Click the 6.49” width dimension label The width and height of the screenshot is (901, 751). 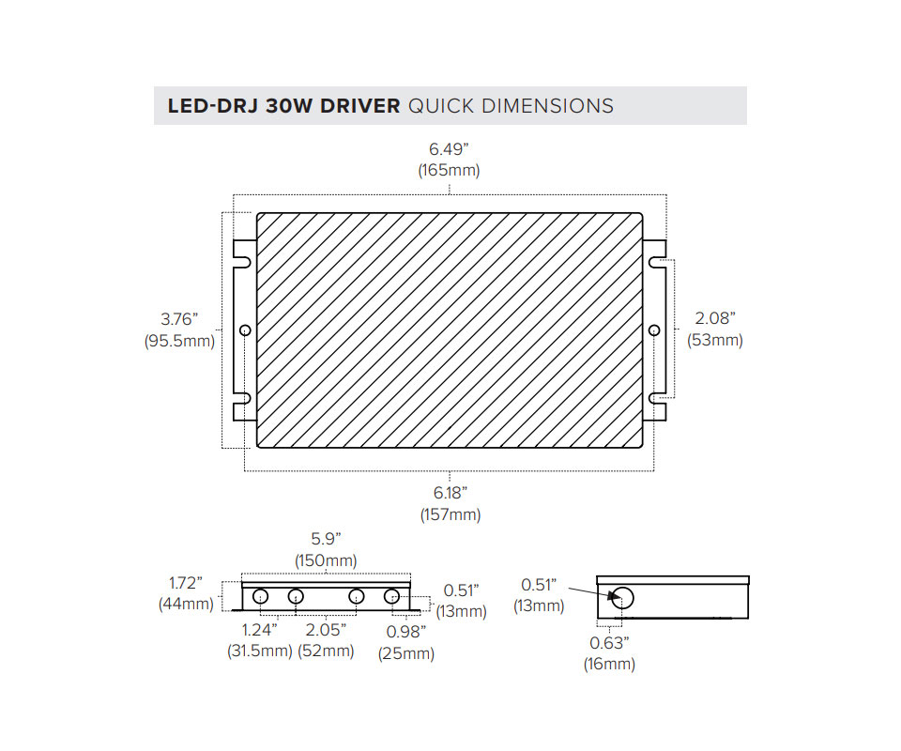coord(449,149)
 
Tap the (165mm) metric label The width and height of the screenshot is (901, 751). coord(449,171)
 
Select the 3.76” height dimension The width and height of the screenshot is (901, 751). coord(179,319)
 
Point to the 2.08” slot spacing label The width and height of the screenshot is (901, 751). coord(715,317)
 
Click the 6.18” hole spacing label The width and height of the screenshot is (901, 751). coord(450,493)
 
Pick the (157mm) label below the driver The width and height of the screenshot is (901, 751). coord(450,514)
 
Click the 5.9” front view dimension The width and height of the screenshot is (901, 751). coord(326,539)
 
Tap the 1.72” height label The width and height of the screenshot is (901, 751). coord(186,583)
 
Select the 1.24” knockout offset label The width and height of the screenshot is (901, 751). coord(260,630)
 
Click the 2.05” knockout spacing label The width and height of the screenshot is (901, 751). coord(326,630)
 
